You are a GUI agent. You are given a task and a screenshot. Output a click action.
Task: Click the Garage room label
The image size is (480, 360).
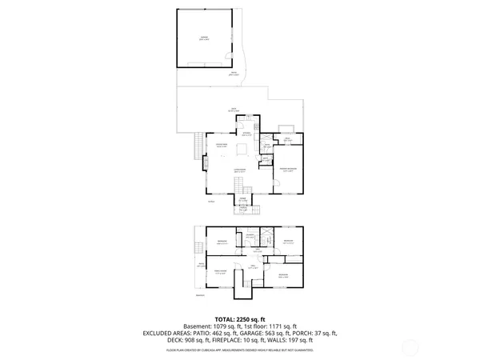(x=205, y=38)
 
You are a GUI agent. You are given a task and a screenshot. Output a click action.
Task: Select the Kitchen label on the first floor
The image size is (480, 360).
(x=248, y=135)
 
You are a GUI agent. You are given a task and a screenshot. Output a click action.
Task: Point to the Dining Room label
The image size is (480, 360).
(x=222, y=145)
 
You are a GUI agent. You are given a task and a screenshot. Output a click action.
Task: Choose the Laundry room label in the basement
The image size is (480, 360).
(x=250, y=236)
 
